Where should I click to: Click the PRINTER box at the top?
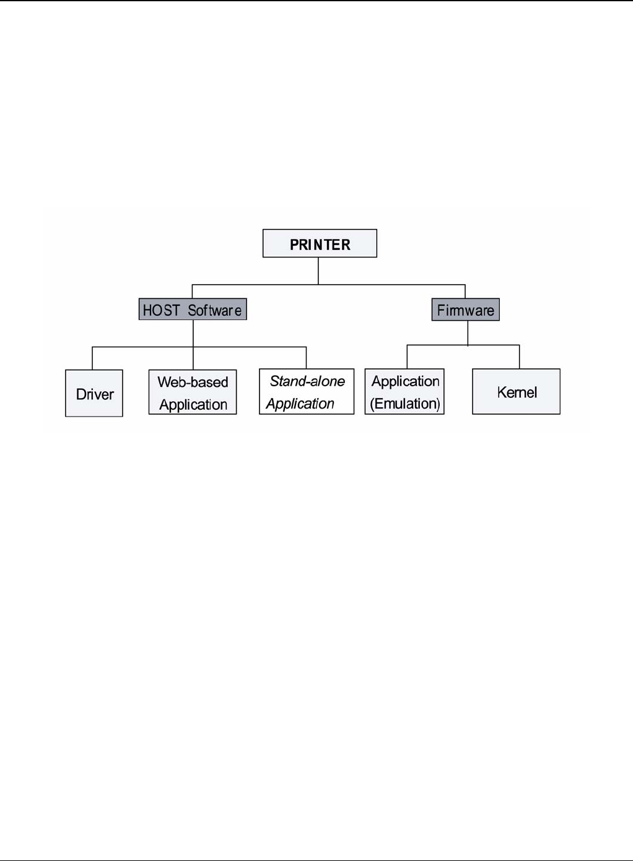(320, 244)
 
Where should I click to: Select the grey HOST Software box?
(193, 309)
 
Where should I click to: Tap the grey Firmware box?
(465, 309)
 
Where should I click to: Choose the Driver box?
(94, 394)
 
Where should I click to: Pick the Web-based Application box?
(193, 392)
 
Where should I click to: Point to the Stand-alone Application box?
(307, 392)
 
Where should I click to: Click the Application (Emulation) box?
(404, 392)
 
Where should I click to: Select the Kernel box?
(516, 392)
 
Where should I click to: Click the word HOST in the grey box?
(161, 310)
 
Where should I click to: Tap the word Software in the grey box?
(214, 310)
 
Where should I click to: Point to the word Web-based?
(193, 382)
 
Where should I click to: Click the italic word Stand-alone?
(307, 381)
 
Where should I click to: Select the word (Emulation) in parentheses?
(405, 404)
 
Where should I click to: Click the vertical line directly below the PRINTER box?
(318, 270)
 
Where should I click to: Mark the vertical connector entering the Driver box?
(92, 358)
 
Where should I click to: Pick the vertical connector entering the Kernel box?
(520, 357)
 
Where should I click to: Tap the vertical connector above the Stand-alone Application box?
(307, 358)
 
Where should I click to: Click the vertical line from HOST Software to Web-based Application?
(193, 344)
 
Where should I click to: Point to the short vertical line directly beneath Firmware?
(468, 332)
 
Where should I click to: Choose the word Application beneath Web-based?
(193, 405)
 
